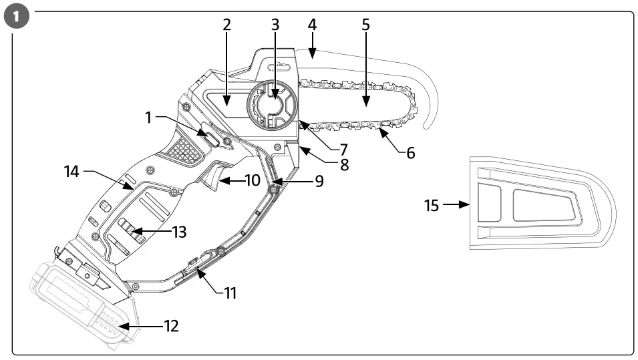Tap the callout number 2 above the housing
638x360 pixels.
227,25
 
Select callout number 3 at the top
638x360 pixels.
275,25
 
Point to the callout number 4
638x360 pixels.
312,25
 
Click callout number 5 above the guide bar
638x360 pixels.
365,25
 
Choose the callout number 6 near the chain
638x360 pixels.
410,153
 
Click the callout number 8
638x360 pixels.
343,164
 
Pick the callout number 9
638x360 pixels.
319,181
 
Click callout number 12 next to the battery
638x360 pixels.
172,327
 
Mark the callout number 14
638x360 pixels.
71,172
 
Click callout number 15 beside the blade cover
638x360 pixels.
432,205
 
